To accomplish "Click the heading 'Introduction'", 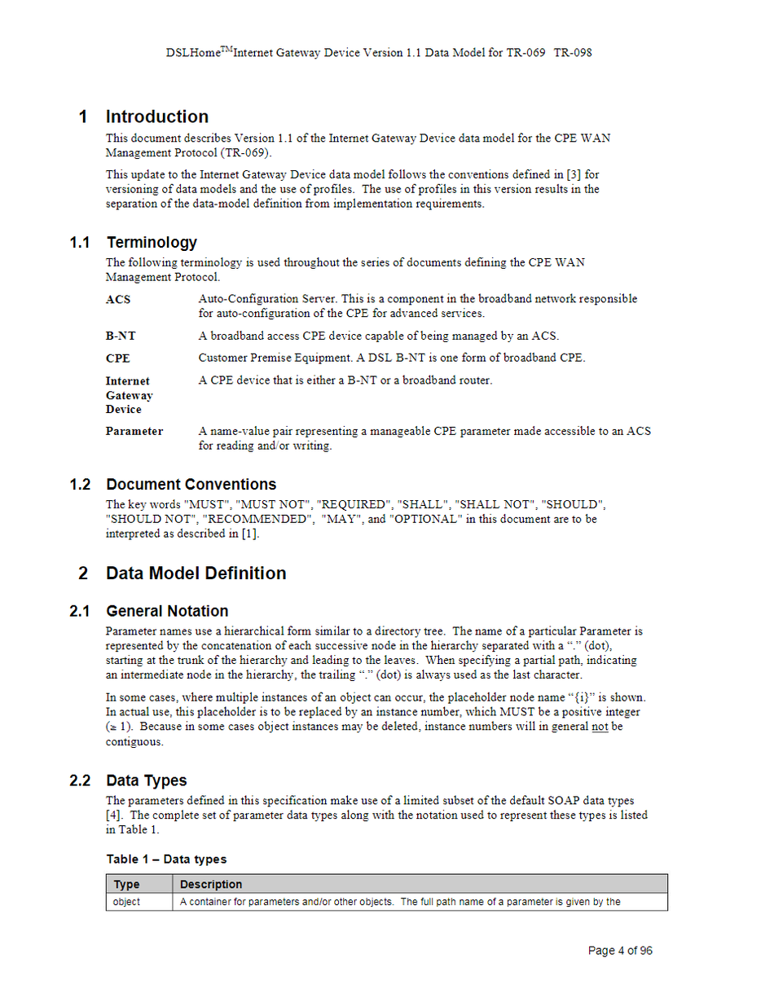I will (x=157, y=116).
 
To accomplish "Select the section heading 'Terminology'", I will (x=152, y=242).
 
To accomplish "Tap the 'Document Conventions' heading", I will (x=191, y=485).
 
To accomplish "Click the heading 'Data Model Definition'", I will (x=196, y=573).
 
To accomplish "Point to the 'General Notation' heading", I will (x=167, y=611).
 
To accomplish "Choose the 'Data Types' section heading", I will (x=147, y=780).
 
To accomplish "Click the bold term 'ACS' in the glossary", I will (x=117, y=299).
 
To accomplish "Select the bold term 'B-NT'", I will (x=121, y=336).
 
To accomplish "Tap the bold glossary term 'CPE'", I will (x=117, y=358).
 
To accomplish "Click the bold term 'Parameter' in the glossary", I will (x=134, y=431).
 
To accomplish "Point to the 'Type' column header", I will (x=126, y=884).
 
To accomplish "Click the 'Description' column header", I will (x=211, y=884).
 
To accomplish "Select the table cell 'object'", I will (x=126, y=902).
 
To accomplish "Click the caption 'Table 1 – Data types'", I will (x=166, y=859).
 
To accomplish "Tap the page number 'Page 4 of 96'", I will (x=620, y=951).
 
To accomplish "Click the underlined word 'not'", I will (x=600, y=727).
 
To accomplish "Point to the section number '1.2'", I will (x=80, y=485).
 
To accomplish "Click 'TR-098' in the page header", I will (x=573, y=53).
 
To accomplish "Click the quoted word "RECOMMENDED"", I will (x=258, y=519).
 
